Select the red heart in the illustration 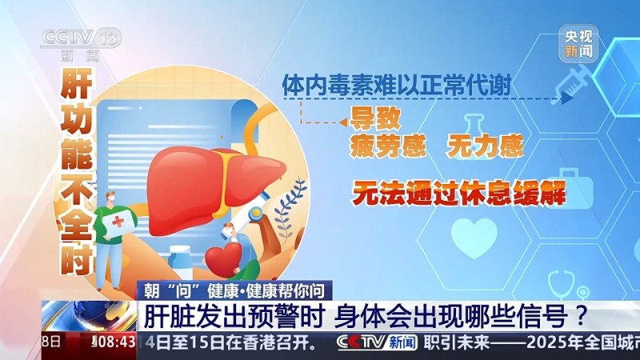223,258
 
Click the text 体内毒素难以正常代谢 397,84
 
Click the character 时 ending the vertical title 74,256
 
